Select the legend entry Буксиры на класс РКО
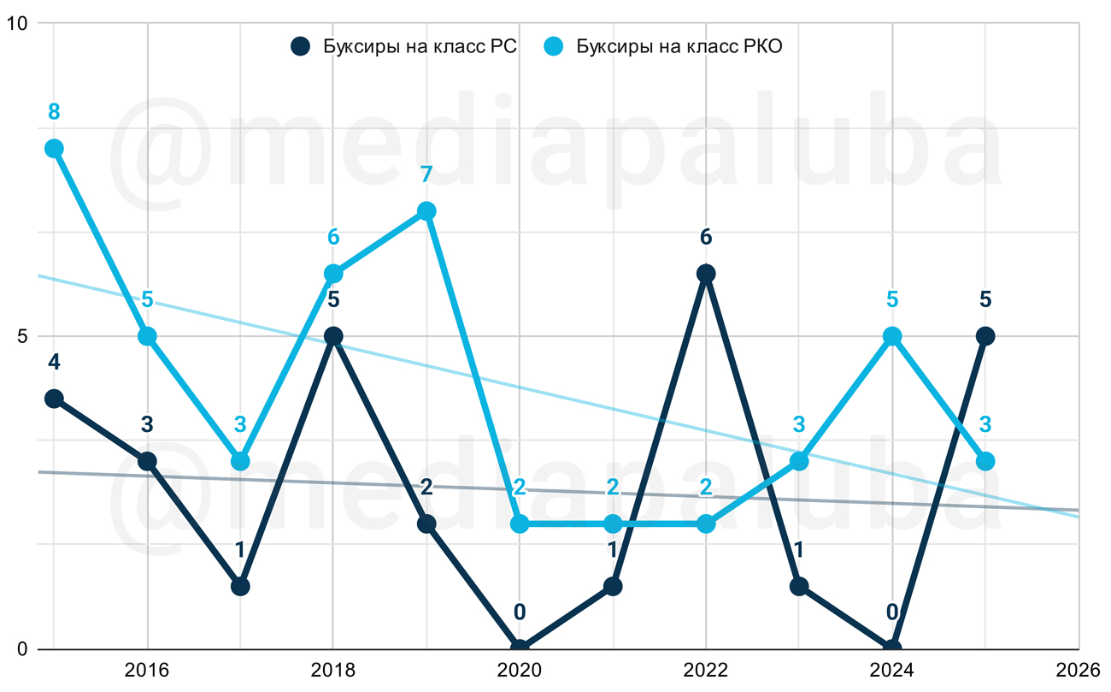coord(663,47)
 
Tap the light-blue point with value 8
coord(54,149)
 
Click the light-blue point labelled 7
coord(426,211)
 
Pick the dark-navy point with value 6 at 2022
coord(706,274)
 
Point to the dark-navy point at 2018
coord(333,336)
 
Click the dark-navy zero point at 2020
coord(520,648)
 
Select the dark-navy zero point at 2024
coord(892,648)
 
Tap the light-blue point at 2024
coord(892,336)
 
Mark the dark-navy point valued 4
coord(54,399)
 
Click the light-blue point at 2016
coord(147,336)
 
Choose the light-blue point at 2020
coord(520,523)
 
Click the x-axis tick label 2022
coord(706,670)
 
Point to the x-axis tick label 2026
coord(1078,670)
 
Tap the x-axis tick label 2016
coord(147,670)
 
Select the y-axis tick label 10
coord(16,24)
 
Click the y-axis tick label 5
coord(22,336)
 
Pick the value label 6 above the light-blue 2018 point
coord(333,237)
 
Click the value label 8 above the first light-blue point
coord(54,112)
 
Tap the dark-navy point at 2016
coord(147,461)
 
